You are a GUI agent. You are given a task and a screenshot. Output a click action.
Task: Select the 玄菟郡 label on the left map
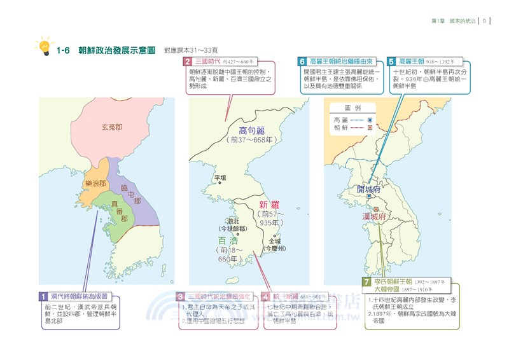click(113, 127)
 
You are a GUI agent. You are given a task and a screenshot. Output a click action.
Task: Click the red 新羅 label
click(270, 205)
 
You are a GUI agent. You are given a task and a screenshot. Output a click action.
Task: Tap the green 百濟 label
click(227, 241)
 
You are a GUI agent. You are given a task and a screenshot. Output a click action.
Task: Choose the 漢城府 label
click(375, 216)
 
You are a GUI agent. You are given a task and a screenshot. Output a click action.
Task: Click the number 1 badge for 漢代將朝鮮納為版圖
click(43, 296)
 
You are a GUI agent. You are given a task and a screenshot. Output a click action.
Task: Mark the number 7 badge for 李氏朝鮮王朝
click(366, 281)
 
